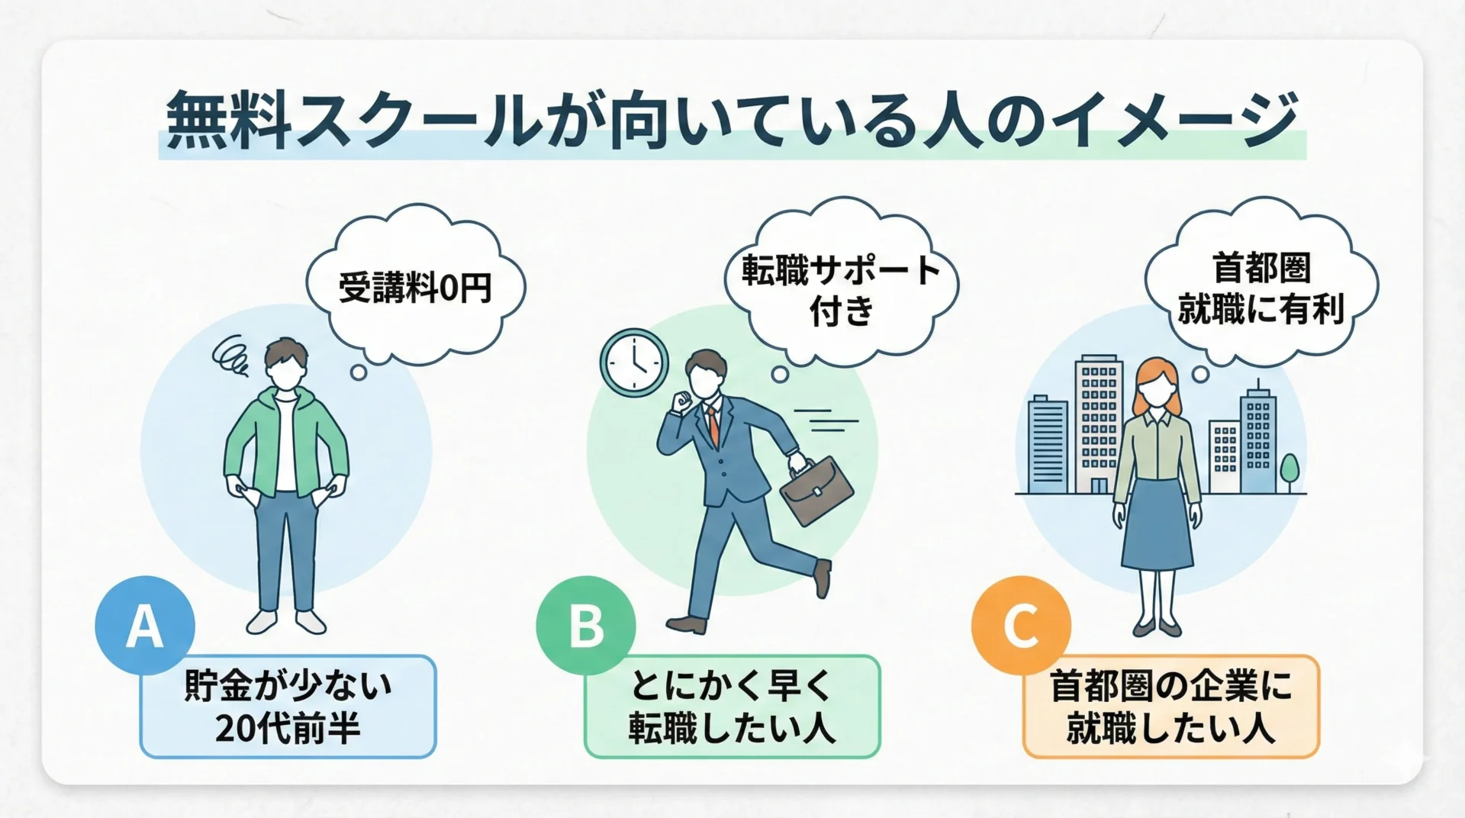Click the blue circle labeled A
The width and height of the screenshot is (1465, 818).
tap(145, 626)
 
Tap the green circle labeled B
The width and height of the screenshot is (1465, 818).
tap(586, 626)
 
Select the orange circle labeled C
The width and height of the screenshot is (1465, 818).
tap(1021, 626)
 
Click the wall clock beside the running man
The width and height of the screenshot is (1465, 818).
tap(634, 363)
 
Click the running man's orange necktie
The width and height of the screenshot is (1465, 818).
tap(713, 425)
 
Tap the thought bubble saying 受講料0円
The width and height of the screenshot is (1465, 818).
tap(416, 286)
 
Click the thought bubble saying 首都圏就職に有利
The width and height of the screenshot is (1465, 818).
tap(1261, 282)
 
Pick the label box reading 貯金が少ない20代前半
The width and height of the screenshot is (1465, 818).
tap(288, 707)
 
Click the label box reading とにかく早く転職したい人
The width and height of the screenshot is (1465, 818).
tap(732, 707)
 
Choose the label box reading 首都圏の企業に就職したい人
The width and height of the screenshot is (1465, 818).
tap(1170, 707)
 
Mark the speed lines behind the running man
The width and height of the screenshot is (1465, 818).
tap(826, 420)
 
